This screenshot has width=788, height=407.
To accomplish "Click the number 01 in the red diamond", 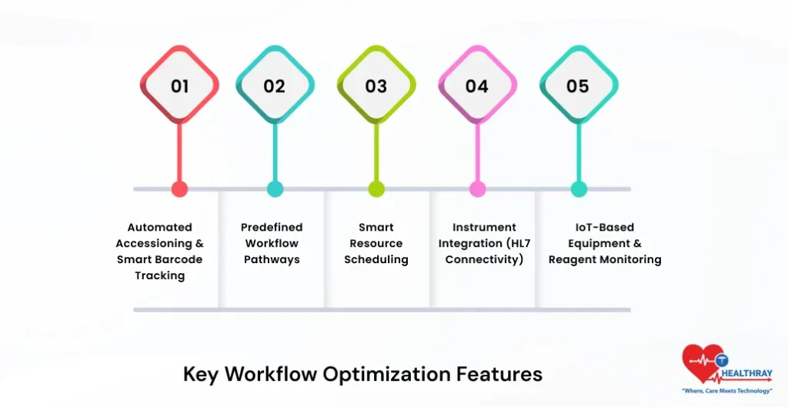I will tap(179, 85).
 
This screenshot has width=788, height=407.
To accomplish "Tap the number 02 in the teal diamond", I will tap(275, 85).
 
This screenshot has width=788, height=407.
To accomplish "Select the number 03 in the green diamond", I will tap(376, 85).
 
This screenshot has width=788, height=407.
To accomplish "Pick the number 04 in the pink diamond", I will tap(477, 85).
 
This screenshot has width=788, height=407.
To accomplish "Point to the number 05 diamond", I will tap(578, 85).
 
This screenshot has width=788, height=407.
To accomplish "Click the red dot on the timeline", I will tap(179, 189).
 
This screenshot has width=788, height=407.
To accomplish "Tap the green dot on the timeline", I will tap(376, 189).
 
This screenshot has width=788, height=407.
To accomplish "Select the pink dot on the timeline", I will tap(477, 189).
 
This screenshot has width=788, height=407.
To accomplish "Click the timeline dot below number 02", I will tap(275, 189).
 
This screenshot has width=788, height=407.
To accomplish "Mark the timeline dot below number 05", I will tap(579, 189).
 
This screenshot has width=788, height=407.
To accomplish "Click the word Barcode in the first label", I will tap(176, 259).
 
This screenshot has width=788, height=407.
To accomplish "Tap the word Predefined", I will tap(272, 227).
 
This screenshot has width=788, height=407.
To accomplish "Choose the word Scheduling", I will tap(376, 259).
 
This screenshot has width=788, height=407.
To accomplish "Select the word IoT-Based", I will tap(604, 227).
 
